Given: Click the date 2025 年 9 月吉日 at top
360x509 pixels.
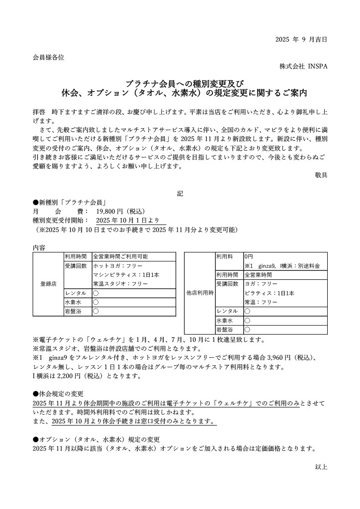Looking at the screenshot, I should (x=301, y=40).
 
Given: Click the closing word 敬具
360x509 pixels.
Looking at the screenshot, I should (x=321, y=174).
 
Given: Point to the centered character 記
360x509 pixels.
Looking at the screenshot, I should (x=180, y=194).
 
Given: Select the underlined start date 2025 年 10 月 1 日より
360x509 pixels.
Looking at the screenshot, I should (x=127, y=220).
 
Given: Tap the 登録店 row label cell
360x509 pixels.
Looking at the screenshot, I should (x=48, y=284).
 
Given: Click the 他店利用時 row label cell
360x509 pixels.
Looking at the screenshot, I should (x=199, y=293).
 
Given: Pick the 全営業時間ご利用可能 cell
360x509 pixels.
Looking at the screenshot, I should (x=120, y=257).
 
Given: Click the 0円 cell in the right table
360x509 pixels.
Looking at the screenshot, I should (x=249, y=256).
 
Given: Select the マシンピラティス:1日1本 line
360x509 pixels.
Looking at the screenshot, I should (x=126, y=275).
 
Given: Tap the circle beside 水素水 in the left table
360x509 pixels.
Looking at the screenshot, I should (x=96, y=302).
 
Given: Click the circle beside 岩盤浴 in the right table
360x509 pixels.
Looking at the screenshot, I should (x=247, y=329).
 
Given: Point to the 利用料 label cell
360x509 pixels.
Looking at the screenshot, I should (x=225, y=256).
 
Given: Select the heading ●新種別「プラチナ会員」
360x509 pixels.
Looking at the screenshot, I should (x=71, y=202).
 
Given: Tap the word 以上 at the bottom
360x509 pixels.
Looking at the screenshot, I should (x=321, y=467).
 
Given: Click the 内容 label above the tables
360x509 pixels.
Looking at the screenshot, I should (x=39, y=248).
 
